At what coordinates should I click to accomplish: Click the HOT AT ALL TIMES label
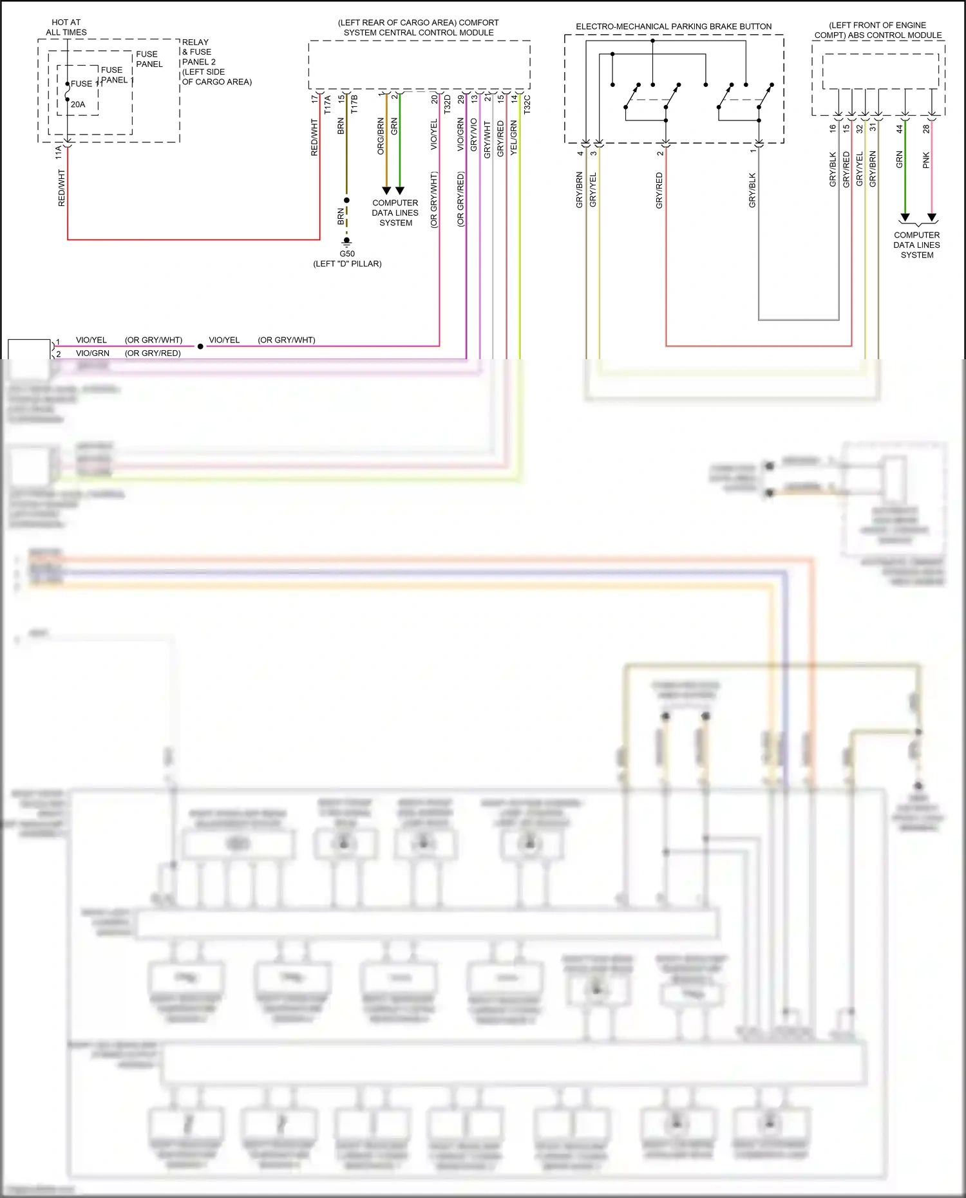66,27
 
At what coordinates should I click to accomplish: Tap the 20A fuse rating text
78,104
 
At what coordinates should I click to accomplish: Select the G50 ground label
347,254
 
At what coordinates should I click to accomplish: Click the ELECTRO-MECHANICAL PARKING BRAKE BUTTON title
673,26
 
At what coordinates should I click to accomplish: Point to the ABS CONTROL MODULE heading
878,30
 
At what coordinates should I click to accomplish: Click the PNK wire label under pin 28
926,160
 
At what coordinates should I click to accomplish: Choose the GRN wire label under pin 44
900,160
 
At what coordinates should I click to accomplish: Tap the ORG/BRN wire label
381,136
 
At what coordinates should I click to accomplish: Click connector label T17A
328,105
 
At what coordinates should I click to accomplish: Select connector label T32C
527,105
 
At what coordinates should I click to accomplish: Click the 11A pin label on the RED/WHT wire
59,152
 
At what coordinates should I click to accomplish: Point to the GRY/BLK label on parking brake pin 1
752,190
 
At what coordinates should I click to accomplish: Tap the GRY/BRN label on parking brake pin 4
579,189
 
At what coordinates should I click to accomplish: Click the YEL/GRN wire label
514,137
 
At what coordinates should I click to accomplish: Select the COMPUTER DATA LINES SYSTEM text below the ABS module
916,245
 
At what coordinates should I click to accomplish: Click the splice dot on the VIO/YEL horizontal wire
200,346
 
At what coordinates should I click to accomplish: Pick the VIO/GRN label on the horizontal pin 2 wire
93,353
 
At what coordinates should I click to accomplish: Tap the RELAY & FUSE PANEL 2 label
200,52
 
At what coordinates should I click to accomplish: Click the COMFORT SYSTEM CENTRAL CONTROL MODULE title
419,27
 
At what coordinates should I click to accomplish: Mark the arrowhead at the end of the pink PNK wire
931,218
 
